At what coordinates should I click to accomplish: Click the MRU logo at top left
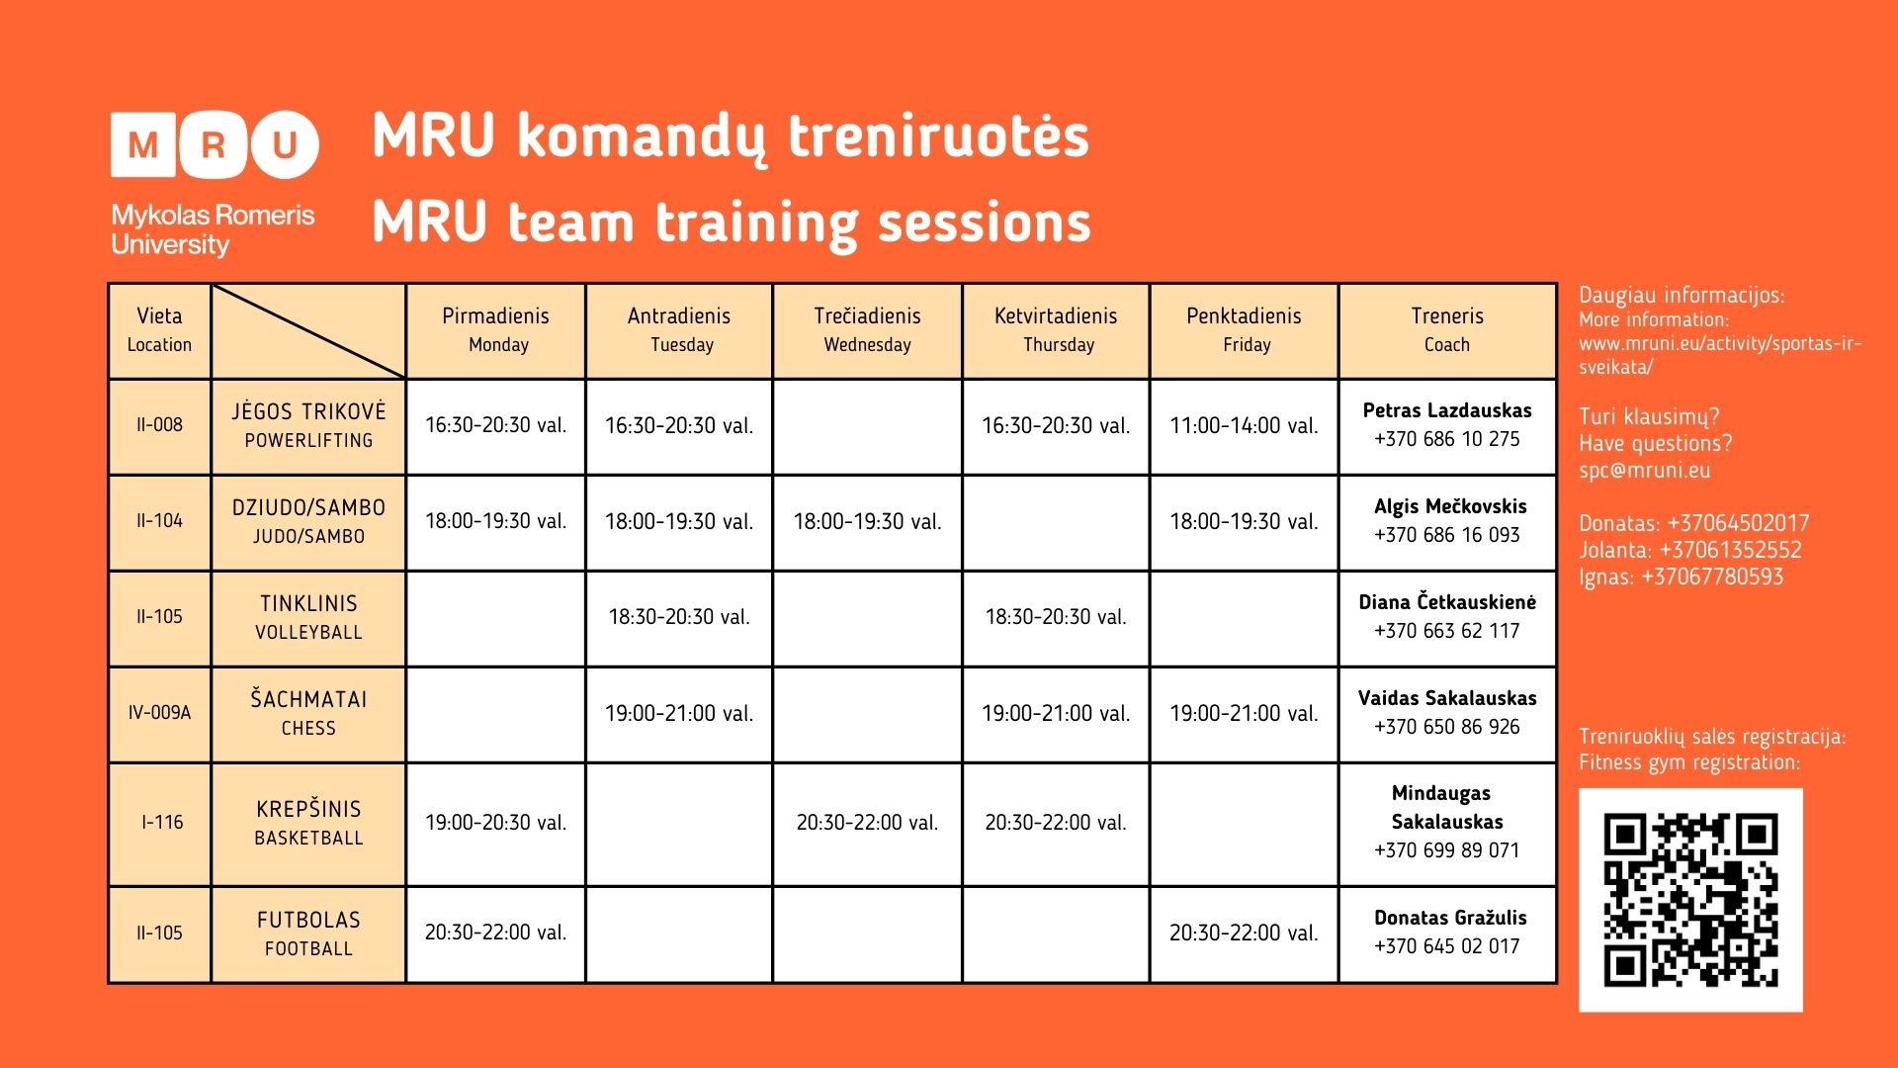tap(214, 144)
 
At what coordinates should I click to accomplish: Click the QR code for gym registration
tap(1690, 899)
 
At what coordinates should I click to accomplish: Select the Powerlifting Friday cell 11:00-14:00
tap(1244, 426)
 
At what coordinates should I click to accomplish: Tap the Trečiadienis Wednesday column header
tap(867, 330)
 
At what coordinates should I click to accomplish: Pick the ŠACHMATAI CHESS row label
tap(308, 713)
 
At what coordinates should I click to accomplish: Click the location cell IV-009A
tap(159, 713)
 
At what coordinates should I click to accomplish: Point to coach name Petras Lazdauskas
tap(1446, 410)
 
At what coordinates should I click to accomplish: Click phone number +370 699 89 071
tap(1446, 850)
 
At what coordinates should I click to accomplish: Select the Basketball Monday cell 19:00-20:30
tap(495, 823)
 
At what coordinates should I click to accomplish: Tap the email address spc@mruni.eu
tap(1644, 471)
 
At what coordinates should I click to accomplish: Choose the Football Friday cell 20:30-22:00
tap(1244, 933)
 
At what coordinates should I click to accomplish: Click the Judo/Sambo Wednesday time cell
tap(867, 522)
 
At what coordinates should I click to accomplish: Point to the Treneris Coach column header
tap(1446, 330)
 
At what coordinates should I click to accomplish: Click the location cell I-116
tap(162, 823)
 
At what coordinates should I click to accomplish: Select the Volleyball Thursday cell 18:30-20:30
tap(1056, 617)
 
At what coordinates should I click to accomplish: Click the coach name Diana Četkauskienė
tap(1446, 602)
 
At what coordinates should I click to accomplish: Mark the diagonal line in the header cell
tap(308, 331)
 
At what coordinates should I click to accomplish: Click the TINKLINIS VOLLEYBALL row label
tap(308, 617)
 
